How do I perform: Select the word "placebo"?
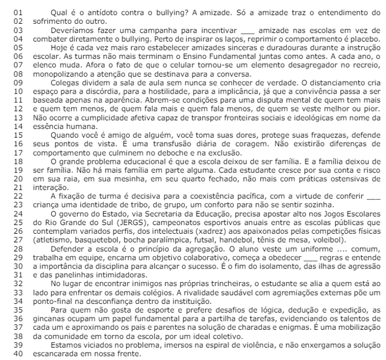[x=365, y=40]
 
